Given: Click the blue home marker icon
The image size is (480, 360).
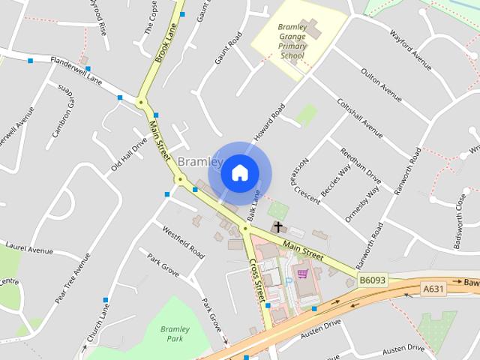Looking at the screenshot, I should [239, 172].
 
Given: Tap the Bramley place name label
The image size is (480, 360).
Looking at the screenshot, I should [199, 162].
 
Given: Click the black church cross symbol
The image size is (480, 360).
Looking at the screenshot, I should [278, 226].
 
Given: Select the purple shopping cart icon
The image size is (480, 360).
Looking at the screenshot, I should [302, 274].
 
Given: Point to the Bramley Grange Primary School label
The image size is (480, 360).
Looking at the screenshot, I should [292, 41].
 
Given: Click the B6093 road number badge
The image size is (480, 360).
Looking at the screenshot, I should [372, 280].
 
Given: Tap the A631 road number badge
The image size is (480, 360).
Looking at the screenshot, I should [434, 289].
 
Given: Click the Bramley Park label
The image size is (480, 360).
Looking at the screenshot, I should [175, 334].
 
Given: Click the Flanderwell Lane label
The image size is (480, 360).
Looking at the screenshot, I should [76, 68].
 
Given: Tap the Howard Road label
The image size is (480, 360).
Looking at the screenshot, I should [269, 121].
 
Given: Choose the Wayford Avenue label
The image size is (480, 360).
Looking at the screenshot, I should [412, 46].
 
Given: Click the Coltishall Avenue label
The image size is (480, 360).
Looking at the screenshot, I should [360, 118].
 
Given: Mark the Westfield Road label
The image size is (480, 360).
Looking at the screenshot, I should [183, 242].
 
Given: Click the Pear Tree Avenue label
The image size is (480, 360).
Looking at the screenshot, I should [72, 277].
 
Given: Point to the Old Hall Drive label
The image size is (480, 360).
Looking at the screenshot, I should [129, 154].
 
